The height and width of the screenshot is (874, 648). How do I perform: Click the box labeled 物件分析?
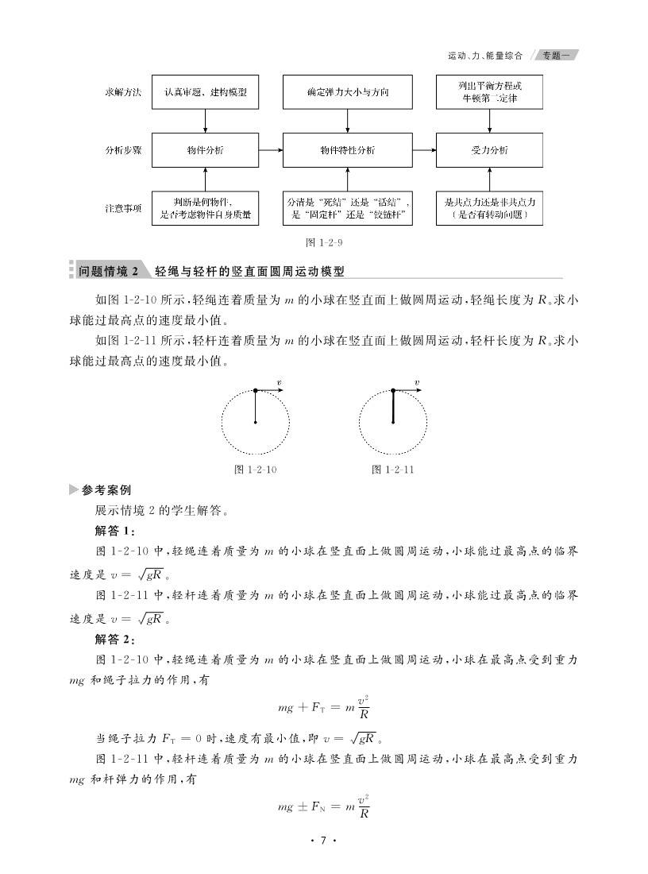coord(206,150)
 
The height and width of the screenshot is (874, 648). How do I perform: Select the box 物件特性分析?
coord(348,150)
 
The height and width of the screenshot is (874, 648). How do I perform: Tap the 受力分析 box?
coord(490,150)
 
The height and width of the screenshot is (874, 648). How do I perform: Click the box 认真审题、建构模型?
coord(206,92)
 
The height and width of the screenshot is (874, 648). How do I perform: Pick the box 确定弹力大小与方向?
coord(348,92)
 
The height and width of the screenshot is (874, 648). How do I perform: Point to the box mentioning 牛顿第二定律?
coord(490,92)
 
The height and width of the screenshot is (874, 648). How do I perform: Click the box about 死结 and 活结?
coord(348,209)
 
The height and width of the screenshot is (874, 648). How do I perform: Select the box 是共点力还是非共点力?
coord(490,209)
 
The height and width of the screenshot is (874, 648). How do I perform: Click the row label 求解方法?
coord(123,92)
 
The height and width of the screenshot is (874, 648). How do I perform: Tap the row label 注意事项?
coord(123,209)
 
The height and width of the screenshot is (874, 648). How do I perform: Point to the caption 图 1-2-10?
coord(256,470)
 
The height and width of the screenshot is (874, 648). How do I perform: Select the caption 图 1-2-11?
coord(393,470)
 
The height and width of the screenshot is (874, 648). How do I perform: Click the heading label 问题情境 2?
coord(108,271)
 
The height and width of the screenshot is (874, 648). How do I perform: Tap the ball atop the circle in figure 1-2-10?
coord(255,390)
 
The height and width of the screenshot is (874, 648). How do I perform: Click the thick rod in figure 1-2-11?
coord(393,407)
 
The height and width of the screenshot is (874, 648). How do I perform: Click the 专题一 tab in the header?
coord(553,56)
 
